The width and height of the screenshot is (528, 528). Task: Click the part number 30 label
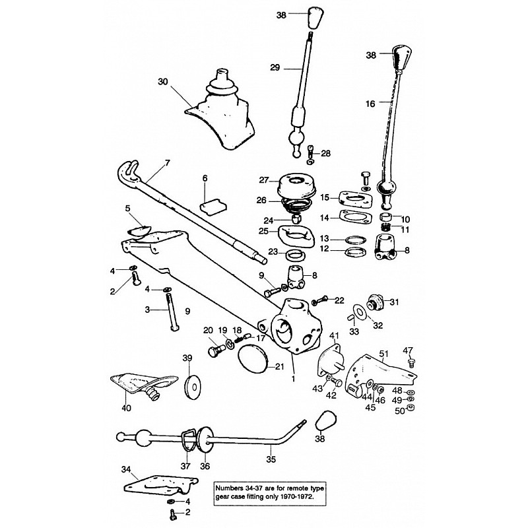click(163, 82)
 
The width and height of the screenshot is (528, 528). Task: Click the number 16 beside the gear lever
click(370, 104)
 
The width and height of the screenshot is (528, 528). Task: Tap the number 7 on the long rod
click(167, 162)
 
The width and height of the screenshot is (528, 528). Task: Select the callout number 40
click(126, 408)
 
